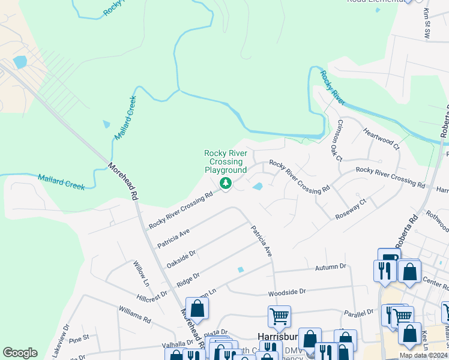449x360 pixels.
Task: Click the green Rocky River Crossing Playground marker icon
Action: click(226, 183)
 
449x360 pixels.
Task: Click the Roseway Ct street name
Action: click(351, 213)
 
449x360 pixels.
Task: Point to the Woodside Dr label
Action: click(286, 291)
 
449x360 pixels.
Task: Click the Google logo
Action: click(20, 353)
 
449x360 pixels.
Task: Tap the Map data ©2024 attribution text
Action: click(423, 355)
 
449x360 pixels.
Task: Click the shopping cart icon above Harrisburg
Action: click(279, 316)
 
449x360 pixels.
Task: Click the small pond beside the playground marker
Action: click(258, 187)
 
